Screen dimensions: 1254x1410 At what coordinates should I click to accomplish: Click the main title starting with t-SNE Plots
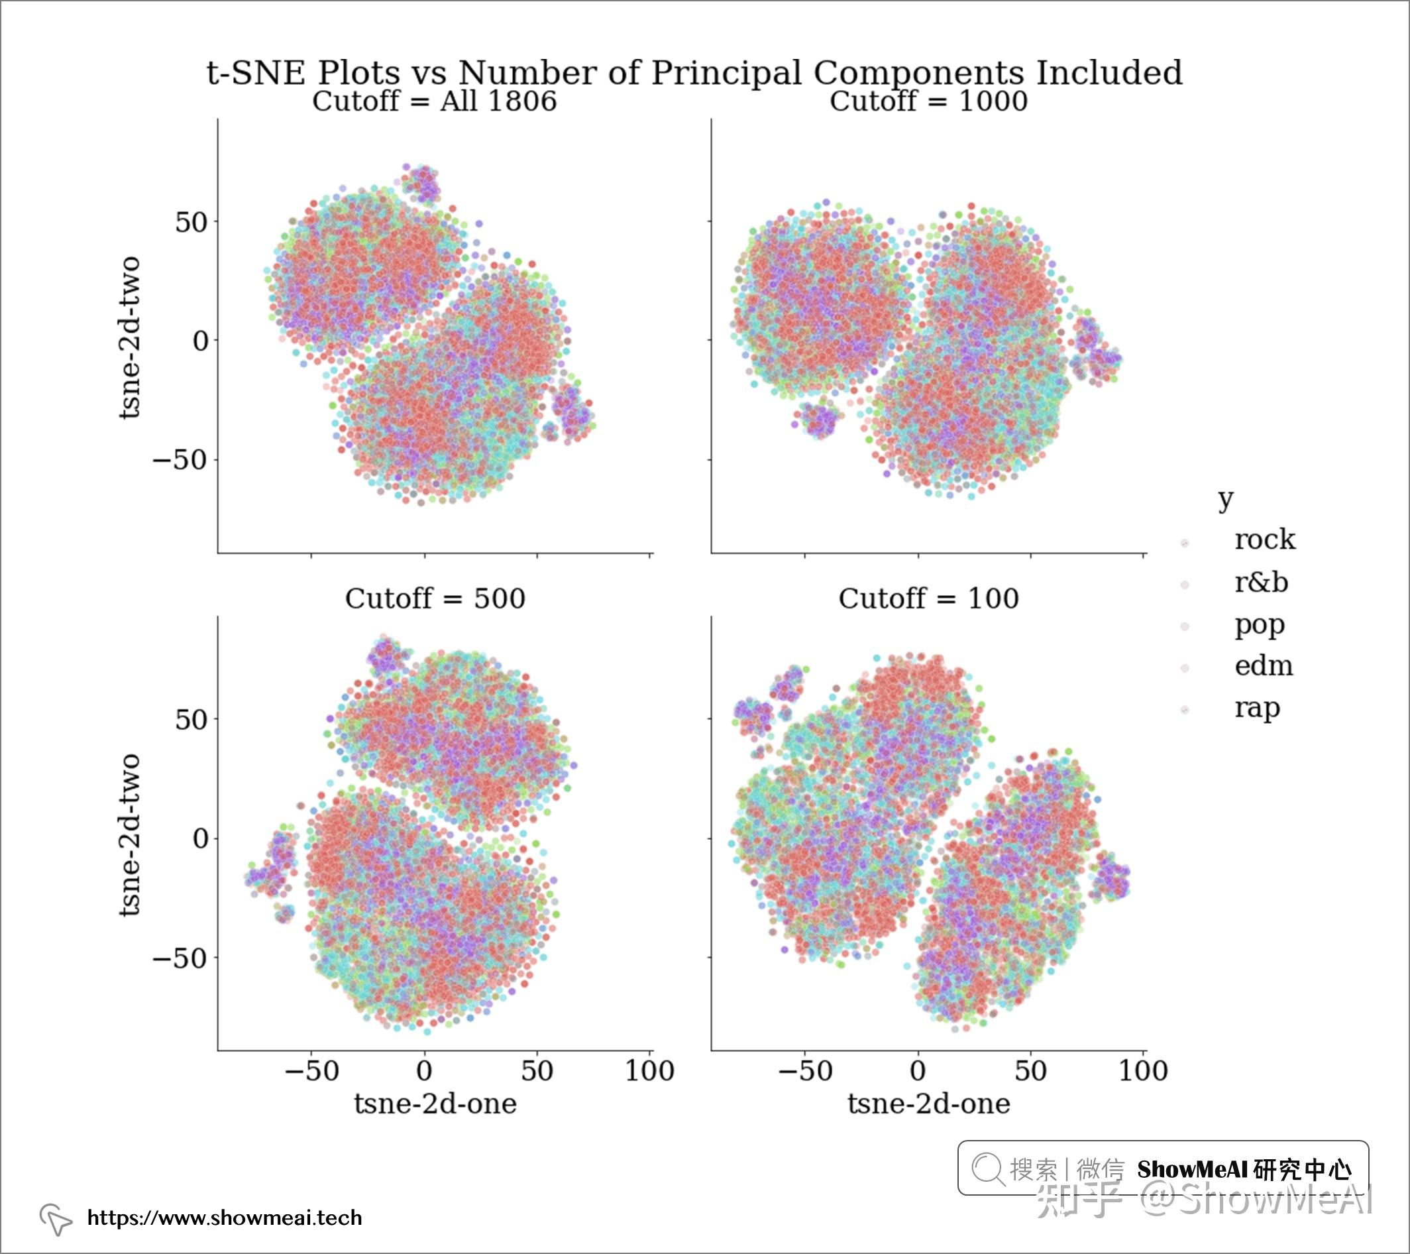694,72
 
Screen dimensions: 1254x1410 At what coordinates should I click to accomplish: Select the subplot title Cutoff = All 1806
435,101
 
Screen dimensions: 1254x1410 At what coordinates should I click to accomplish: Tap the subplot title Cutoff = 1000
928,101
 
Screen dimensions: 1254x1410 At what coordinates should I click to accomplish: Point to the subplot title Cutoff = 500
435,598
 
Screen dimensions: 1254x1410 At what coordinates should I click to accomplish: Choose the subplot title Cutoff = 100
928,598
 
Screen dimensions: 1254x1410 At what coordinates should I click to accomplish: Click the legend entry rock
1264,540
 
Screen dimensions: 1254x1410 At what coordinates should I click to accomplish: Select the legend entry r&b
1261,583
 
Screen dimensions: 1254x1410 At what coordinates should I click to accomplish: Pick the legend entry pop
1260,625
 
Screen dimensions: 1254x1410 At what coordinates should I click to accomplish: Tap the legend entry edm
1264,666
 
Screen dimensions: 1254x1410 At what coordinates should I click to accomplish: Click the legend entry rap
1257,709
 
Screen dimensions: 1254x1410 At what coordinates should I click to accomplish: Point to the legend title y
1225,498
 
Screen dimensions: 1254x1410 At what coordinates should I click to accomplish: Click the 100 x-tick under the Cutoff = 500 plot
650,1071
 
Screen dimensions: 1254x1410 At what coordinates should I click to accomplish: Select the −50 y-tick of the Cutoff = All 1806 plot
180,459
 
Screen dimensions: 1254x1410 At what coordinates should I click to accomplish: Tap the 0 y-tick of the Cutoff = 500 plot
201,838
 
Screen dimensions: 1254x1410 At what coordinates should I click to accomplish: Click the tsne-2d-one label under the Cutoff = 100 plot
928,1104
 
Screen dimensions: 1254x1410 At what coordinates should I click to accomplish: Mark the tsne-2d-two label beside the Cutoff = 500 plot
130,835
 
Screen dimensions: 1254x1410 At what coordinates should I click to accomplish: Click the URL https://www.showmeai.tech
224,1218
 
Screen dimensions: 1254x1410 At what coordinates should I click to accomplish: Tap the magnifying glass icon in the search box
988,1169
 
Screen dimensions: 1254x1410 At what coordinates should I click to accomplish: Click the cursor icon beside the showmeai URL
56,1220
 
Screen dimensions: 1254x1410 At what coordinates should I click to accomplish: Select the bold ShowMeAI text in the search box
1191,1170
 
